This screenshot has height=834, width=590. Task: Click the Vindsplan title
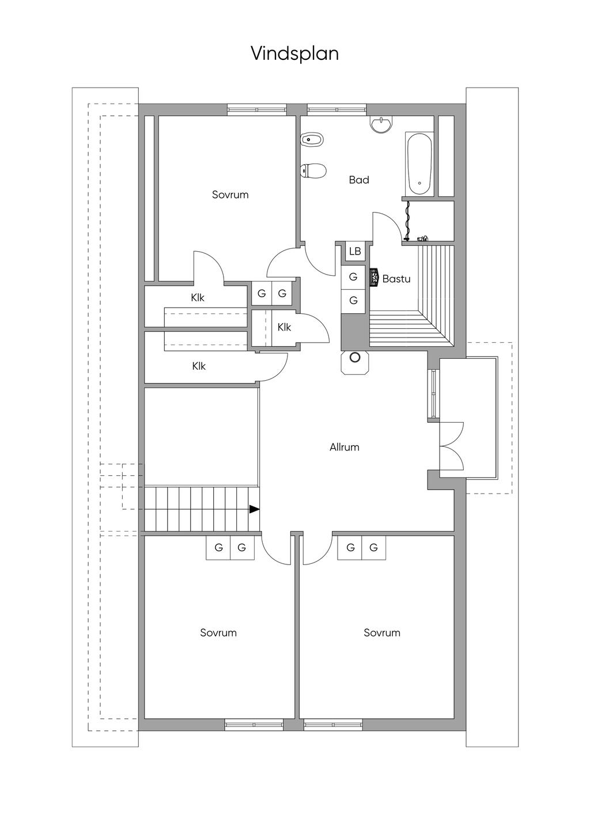[x=294, y=54]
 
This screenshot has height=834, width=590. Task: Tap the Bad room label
[x=358, y=180]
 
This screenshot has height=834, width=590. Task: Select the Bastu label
[x=396, y=279]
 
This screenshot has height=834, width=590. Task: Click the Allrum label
[x=345, y=448]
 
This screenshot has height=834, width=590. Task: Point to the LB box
[x=355, y=252]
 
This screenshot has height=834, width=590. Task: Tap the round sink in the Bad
[x=381, y=124]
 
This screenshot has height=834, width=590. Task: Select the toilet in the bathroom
[x=313, y=171]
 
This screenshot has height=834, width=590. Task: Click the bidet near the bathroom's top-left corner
[x=312, y=139]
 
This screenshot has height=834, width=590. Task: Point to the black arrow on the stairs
[x=254, y=509]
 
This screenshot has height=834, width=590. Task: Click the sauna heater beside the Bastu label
[x=373, y=277]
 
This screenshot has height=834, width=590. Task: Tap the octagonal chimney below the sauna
[x=355, y=358]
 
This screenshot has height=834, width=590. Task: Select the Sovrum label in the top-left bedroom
[x=230, y=195]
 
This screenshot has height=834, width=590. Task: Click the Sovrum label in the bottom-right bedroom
[x=382, y=633]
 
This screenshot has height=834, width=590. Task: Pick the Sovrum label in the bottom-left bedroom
[x=218, y=633]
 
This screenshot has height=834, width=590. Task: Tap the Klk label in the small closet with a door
[x=284, y=328]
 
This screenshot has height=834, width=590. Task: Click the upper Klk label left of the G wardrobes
[x=198, y=298]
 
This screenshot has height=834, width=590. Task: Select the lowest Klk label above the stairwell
[x=199, y=366]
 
